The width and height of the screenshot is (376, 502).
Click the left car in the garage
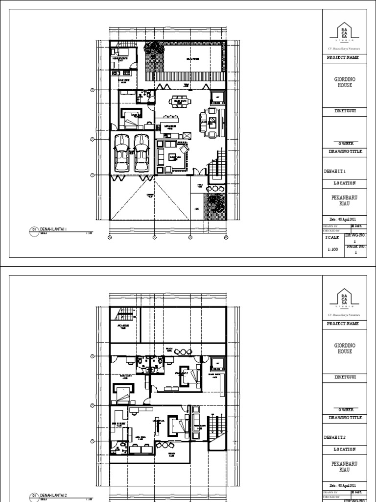click(x=121, y=153)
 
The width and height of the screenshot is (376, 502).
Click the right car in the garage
click(x=141, y=153)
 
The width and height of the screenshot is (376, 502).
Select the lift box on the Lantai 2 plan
click(x=217, y=364)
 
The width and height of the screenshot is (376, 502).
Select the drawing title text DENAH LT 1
click(x=337, y=171)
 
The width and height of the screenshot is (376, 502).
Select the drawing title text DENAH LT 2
click(x=337, y=437)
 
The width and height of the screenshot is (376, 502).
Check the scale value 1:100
click(x=332, y=249)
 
